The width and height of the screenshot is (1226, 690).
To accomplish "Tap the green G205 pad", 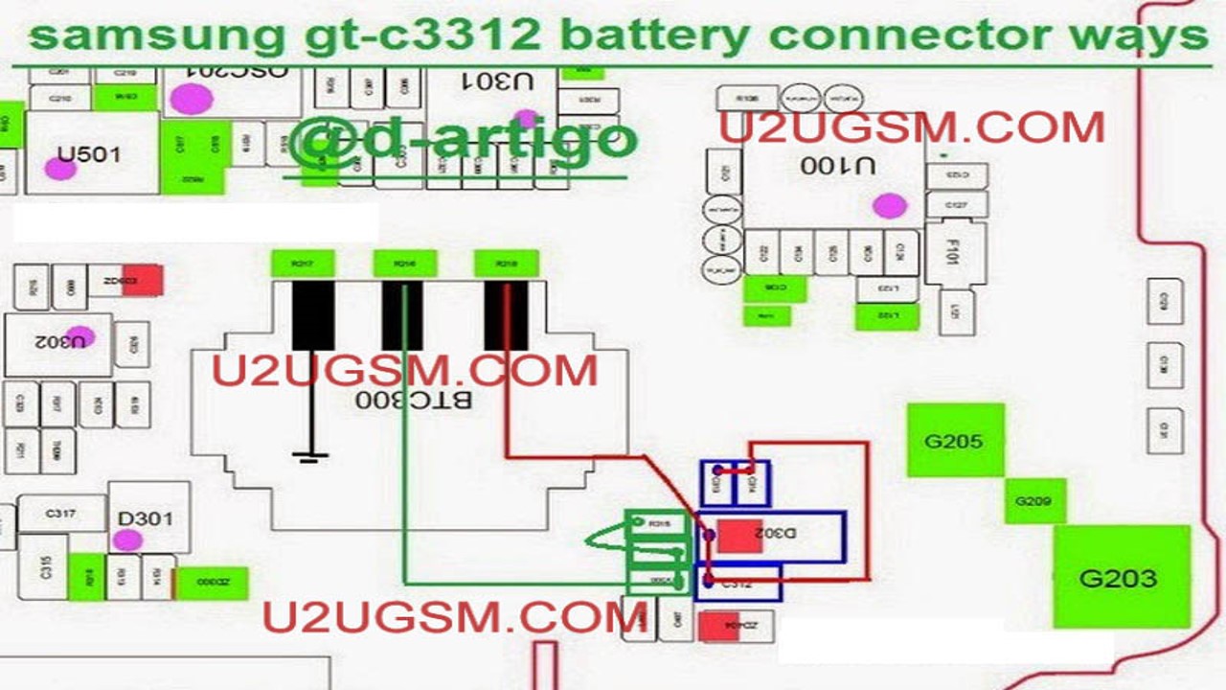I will pos(955,441).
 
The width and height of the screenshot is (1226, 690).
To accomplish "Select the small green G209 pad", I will pos(1034,501).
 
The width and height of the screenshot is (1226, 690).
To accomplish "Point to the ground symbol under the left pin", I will pos(309,455).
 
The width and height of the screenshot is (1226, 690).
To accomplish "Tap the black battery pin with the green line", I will pos(402,316).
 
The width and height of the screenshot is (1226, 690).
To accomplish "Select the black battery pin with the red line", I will pos(506,316).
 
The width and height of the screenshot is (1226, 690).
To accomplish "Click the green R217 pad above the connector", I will pos(302,263).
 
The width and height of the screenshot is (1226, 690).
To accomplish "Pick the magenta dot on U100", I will pos(890,205).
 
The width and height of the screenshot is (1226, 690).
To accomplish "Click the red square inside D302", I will pos(739,536).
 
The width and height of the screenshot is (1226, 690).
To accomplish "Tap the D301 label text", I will pos(146,519).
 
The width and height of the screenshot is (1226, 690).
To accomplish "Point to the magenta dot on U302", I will pos(79,337).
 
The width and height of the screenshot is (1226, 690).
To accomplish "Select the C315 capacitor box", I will pos(42,567).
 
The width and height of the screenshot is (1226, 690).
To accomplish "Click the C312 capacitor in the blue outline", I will pos(738,583).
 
